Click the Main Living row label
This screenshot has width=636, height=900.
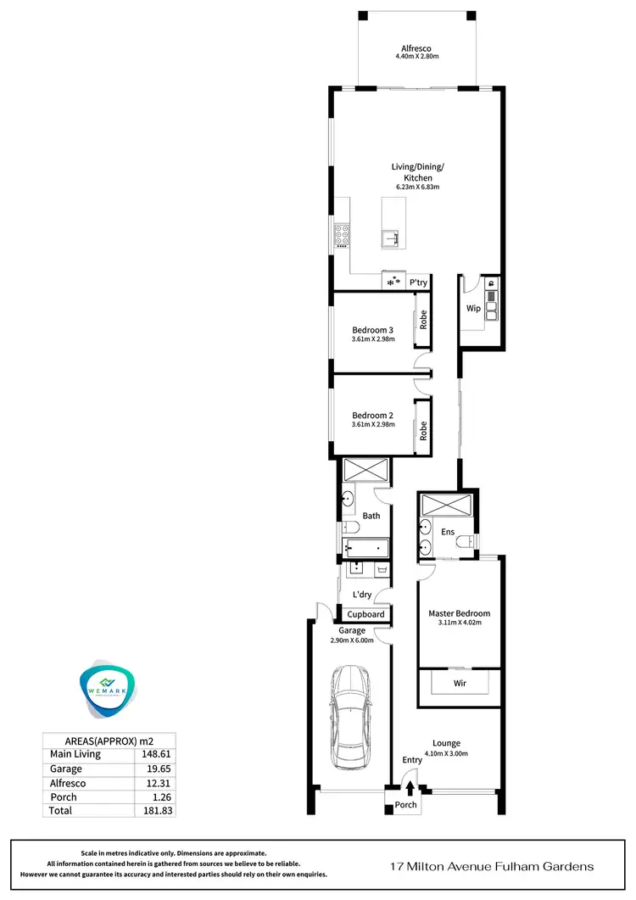click(x=75, y=753)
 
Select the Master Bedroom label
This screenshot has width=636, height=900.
click(x=459, y=613)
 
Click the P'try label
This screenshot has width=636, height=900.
click(x=418, y=282)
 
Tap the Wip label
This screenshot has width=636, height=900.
click(x=473, y=309)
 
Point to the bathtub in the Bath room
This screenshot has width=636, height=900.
click(x=365, y=548)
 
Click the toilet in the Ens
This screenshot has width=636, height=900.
click(x=465, y=541)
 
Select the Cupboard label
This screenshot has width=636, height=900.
click(x=366, y=614)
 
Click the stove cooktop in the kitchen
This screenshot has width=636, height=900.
click(x=343, y=231)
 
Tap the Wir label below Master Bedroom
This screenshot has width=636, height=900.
click(x=460, y=681)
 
